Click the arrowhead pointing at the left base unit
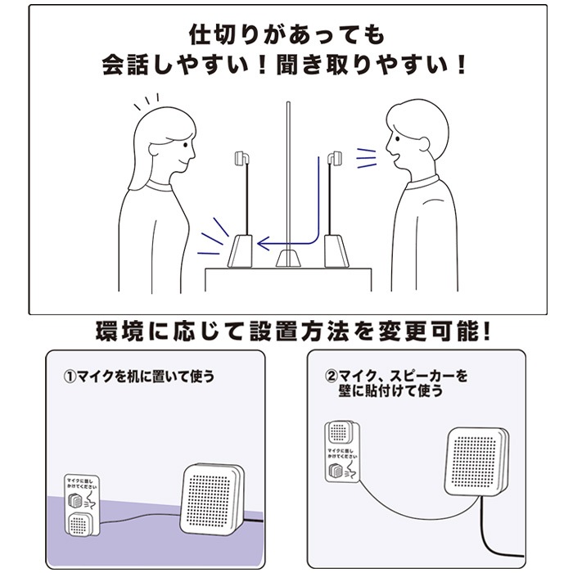261,243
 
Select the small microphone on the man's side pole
334,156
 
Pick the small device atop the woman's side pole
241,156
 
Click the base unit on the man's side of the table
336,250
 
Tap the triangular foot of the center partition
287,259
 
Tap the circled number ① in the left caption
70,378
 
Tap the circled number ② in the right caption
332,377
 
